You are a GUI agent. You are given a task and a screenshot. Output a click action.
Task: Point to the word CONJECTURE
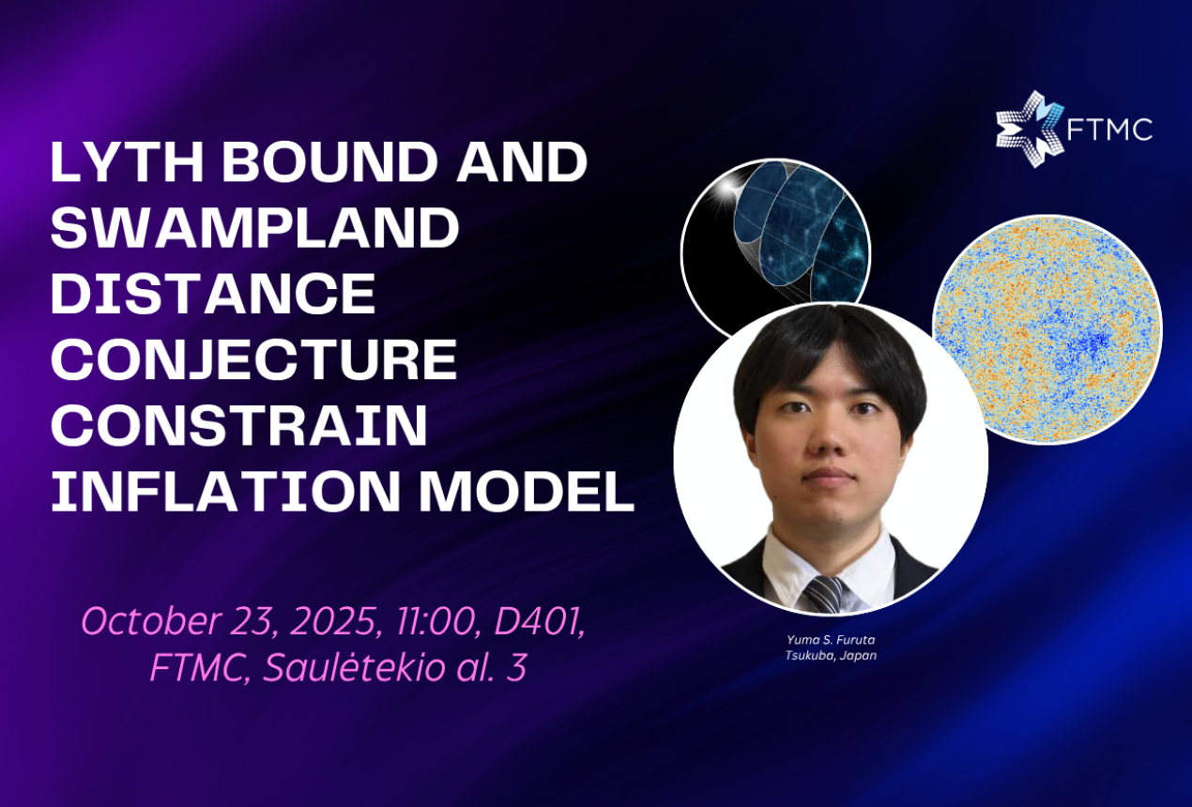pyautogui.click(x=253, y=359)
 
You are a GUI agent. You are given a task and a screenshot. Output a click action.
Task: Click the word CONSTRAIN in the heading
pyautogui.click(x=239, y=425)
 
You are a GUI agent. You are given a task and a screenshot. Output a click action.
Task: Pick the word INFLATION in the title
pyautogui.click(x=225, y=491)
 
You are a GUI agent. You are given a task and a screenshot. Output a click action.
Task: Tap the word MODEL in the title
pyautogui.click(x=527, y=491)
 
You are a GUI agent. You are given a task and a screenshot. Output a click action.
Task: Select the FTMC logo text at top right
pyautogui.click(x=1109, y=129)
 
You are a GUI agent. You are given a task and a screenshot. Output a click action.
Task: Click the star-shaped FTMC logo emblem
pyautogui.click(x=1030, y=129)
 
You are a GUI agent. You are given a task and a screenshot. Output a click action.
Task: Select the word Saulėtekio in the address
pyautogui.click(x=355, y=667)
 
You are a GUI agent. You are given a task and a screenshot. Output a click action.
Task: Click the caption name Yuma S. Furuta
pyautogui.click(x=831, y=639)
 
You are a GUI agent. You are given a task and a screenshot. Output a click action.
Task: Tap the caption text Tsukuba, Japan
pyautogui.click(x=831, y=655)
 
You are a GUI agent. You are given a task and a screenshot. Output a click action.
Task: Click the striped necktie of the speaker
pyautogui.click(x=824, y=594)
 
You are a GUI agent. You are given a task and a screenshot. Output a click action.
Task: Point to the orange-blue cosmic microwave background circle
pyautogui.click(x=1047, y=329)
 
